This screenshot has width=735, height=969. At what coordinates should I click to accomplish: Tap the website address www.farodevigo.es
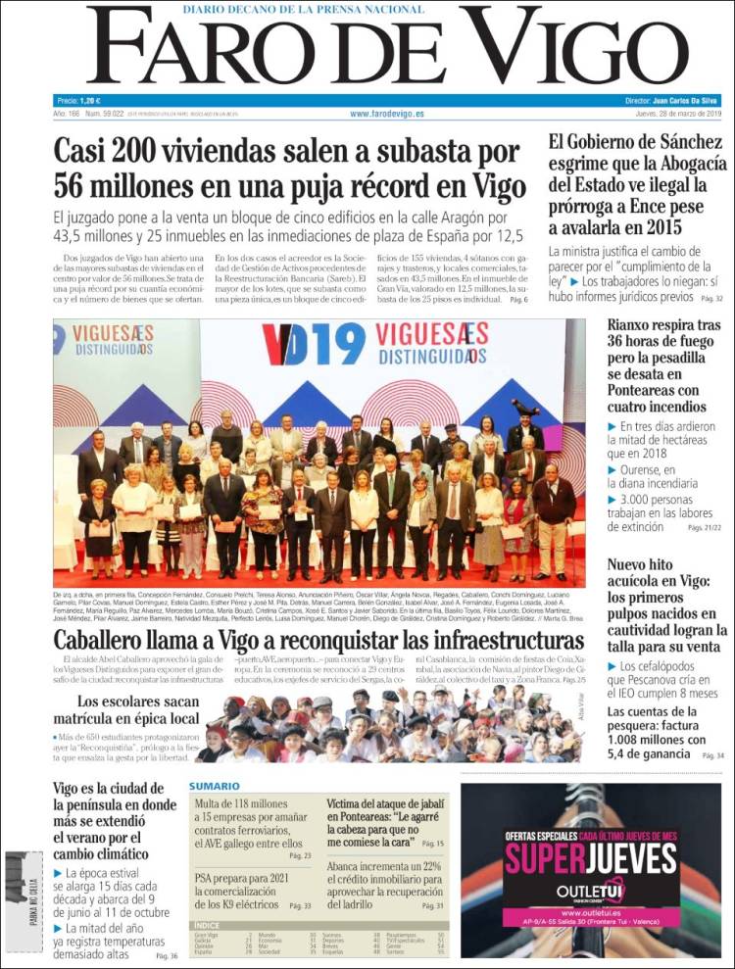coord(387,115)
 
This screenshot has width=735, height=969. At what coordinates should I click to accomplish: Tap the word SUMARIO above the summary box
coord(215,786)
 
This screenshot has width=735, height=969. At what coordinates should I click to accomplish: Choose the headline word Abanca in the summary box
coord(352,866)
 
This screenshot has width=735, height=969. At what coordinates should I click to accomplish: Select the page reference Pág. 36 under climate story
coord(167,955)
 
